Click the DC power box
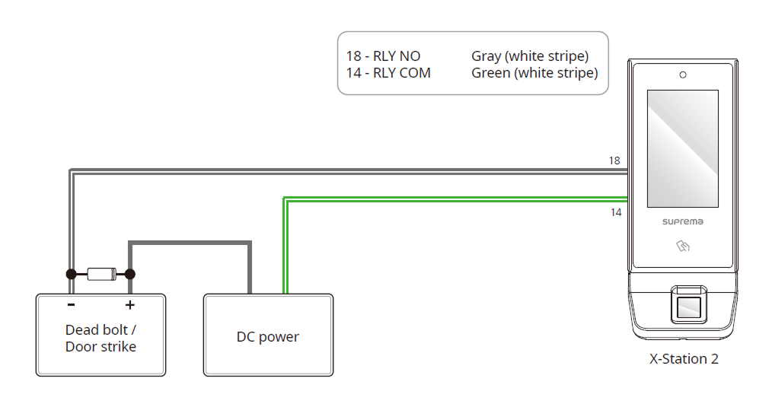click(268, 335)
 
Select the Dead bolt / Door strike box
click(100, 335)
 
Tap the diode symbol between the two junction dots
click(100, 274)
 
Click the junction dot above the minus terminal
click(71, 274)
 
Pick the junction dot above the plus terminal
click(130, 274)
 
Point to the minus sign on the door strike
click(71, 305)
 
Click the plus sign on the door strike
click(130, 305)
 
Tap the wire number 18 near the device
click(614, 161)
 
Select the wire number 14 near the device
click(616, 212)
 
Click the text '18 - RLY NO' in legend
click(383, 56)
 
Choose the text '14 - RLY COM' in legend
click(388, 73)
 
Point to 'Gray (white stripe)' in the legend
click(530, 56)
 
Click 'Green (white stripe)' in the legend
click(534, 73)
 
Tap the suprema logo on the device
click(682, 222)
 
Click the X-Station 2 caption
click(684, 359)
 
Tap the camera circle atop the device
click(683, 75)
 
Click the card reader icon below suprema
click(683, 246)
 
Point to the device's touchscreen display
click(682, 148)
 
